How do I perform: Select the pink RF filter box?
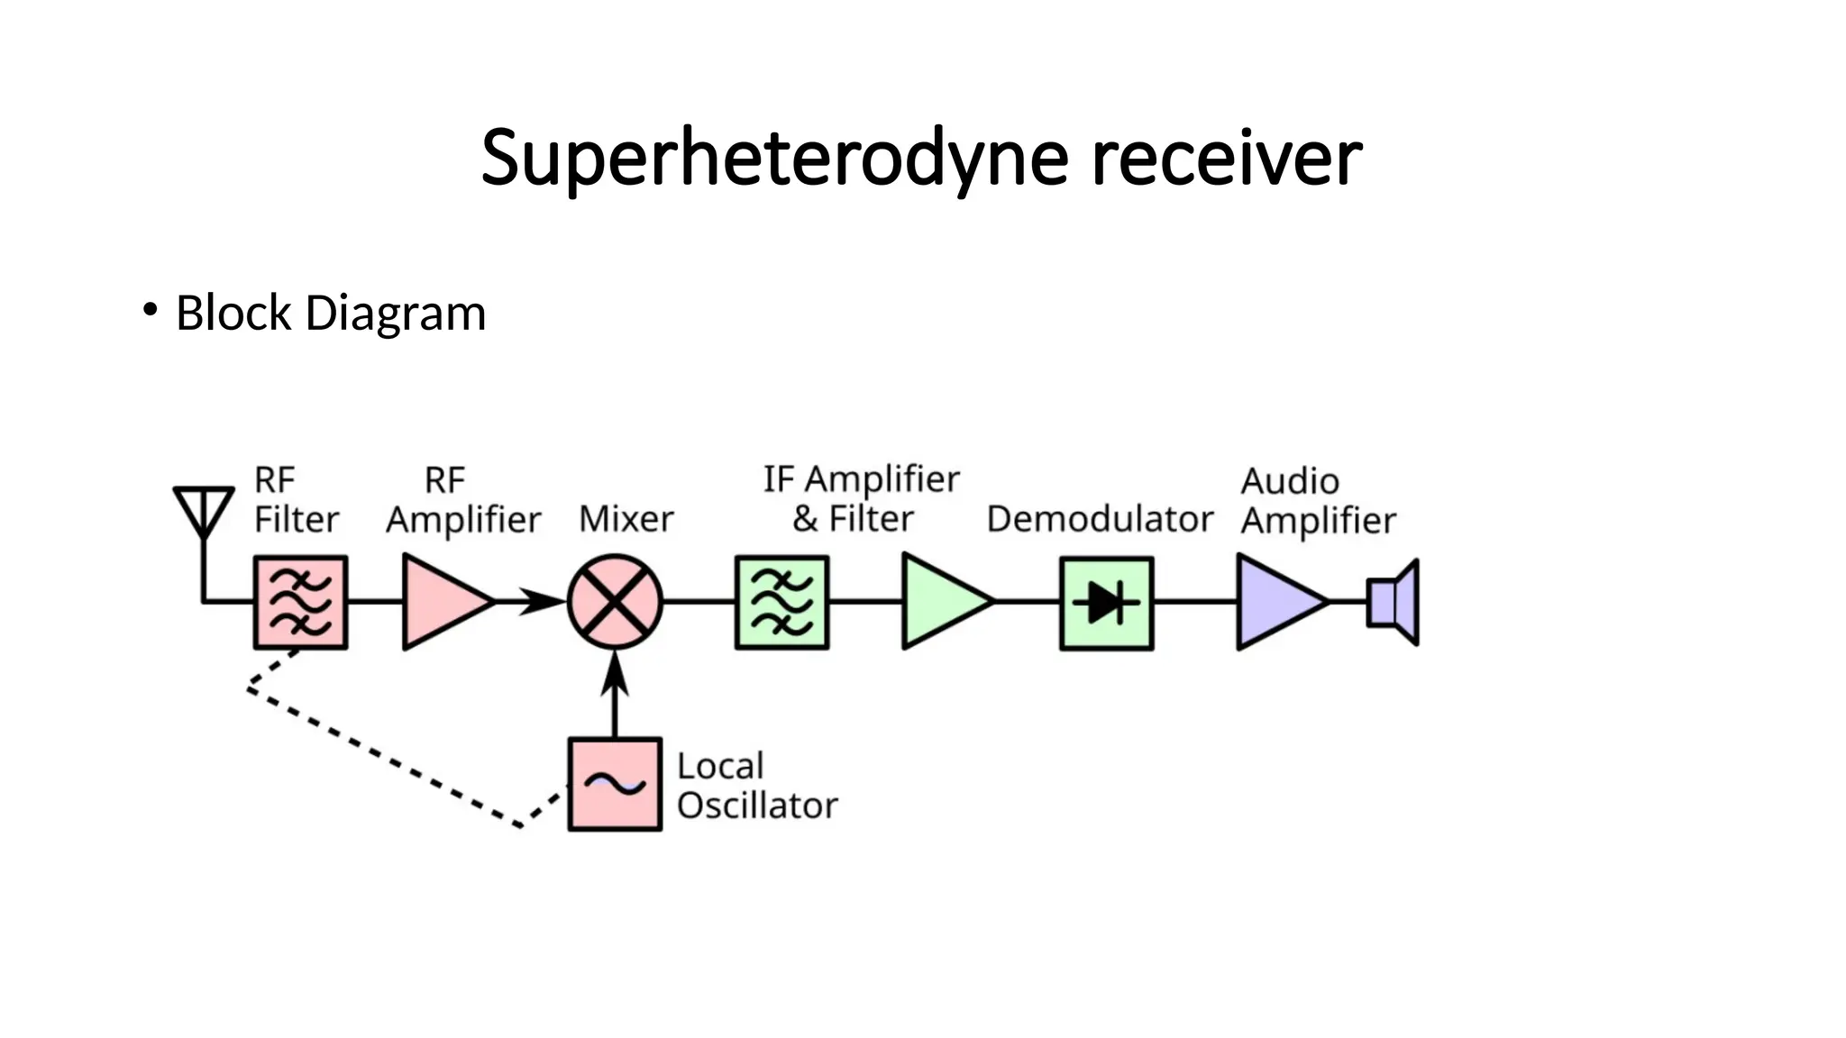tap(300, 602)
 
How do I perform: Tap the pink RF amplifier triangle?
tap(441, 602)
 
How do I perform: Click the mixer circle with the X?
tap(615, 602)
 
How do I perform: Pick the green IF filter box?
tap(781, 602)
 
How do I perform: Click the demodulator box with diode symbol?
tap(1106, 603)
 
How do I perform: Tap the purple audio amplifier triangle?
tap(1275, 602)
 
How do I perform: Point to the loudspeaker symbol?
tap(1394, 602)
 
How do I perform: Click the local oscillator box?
tap(615, 785)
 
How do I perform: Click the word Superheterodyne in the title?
tap(774, 159)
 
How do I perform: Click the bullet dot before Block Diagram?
tap(150, 311)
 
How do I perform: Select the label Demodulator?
tap(1100, 519)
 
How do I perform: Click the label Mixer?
tap(626, 519)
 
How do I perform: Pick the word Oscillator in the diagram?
tap(757, 806)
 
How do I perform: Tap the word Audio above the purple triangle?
tap(1290, 481)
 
